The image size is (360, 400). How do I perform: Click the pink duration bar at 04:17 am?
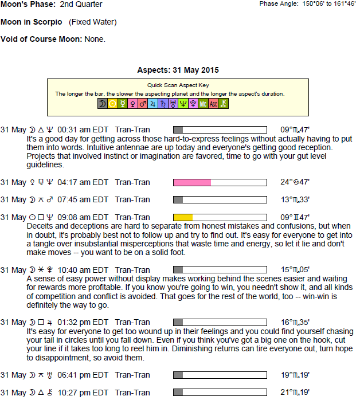tap(193, 182)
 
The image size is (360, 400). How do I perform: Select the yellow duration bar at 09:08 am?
tap(183, 217)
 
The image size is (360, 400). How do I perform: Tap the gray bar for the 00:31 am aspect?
tap(178, 130)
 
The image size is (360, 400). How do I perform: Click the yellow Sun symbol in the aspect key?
tap(112, 104)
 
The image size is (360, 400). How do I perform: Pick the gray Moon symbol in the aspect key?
tap(102, 104)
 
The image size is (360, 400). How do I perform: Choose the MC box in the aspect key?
tap(203, 104)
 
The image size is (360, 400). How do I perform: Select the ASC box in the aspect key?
tap(213, 104)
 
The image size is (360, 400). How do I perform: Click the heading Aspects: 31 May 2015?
tap(178, 70)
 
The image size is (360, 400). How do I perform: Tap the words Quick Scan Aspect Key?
tap(178, 85)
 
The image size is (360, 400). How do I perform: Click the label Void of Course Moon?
tap(41, 40)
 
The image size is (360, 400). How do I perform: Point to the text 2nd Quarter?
tap(81, 5)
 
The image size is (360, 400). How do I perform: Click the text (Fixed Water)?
tap(93, 22)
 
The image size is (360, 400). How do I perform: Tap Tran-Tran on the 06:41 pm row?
tap(132, 375)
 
